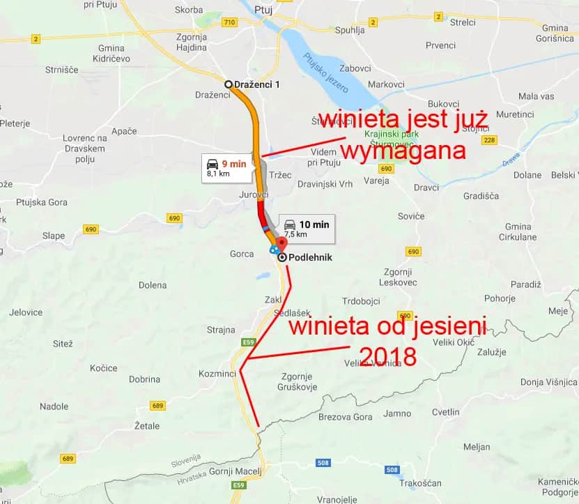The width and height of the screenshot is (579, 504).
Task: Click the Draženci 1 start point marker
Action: [228, 84]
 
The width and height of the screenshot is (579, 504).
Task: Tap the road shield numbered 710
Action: [229, 23]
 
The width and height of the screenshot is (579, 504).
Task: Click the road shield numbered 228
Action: [488, 140]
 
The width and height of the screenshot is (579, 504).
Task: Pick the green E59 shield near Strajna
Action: [249, 342]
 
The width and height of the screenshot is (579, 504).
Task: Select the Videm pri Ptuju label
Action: [323, 157]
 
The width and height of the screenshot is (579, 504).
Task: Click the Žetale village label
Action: [146, 425]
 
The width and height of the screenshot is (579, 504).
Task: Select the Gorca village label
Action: [242, 254]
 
